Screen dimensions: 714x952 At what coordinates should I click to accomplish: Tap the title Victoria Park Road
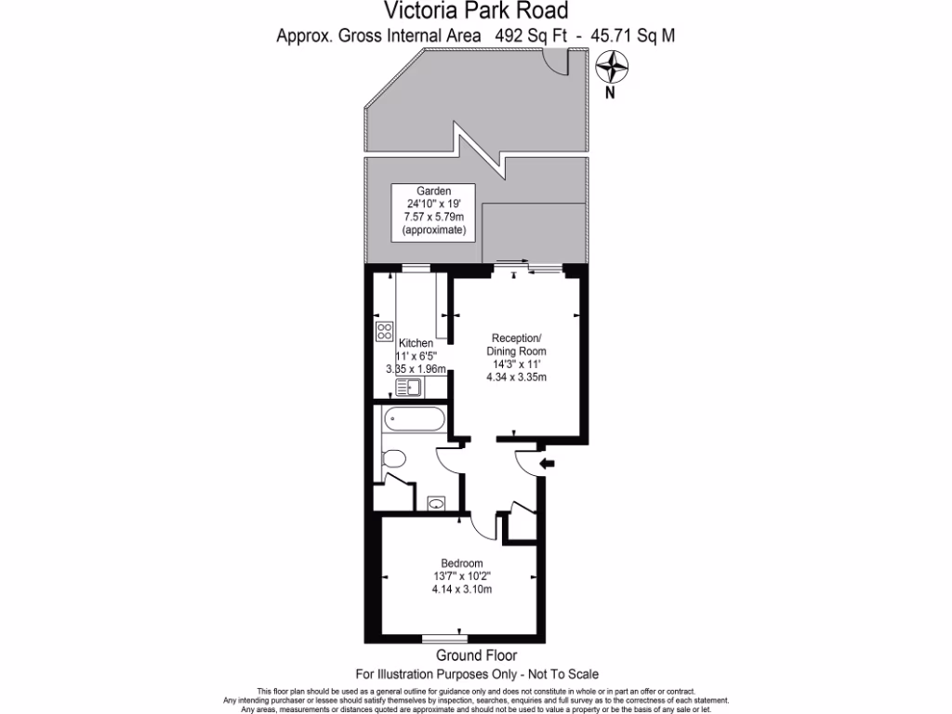click(475, 11)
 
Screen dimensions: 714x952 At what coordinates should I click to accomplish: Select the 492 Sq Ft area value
click(529, 36)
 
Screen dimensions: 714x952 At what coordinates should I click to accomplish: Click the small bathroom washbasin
click(436, 505)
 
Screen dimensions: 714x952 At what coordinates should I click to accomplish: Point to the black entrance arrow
click(547, 463)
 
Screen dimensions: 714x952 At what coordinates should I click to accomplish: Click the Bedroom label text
click(461, 563)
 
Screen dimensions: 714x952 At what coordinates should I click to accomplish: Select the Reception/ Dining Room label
click(516, 344)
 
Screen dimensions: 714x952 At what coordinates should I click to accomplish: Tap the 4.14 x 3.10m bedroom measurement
click(461, 589)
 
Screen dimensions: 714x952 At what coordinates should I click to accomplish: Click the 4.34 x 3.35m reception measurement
click(516, 377)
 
